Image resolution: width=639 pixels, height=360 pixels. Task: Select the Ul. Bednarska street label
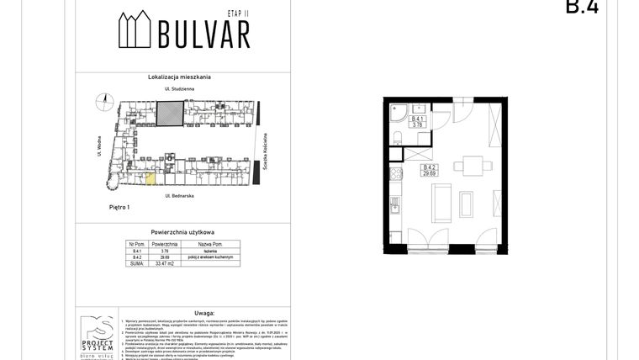click(180, 195)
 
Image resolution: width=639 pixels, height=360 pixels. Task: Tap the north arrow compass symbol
click(105, 100)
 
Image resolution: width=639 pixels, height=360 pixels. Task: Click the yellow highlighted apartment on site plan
click(151, 177)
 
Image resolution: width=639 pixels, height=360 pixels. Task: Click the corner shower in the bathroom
click(397, 111)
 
